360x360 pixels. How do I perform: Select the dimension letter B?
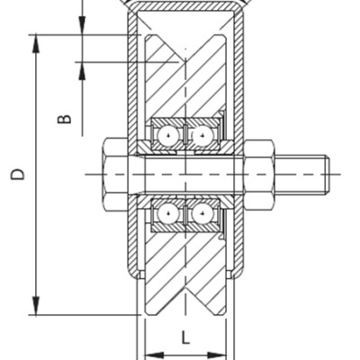point(64,118)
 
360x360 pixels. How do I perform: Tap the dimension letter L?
point(185,338)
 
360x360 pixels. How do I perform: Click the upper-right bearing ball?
point(202,135)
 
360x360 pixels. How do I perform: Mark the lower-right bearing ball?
point(202,213)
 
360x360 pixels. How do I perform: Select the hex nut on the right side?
point(258,174)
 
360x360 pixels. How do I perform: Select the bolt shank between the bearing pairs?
point(185,174)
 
